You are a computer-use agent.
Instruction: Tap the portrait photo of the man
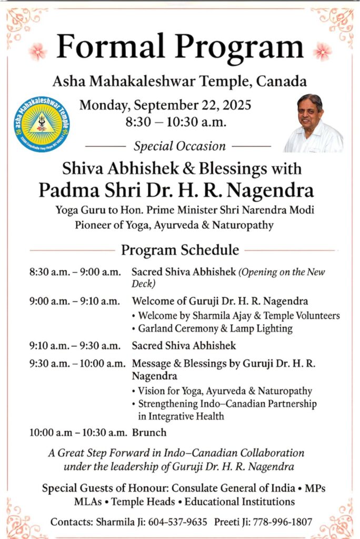click(x=313, y=123)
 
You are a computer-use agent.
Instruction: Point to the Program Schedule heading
click(x=180, y=249)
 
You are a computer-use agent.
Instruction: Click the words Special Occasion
click(x=179, y=146)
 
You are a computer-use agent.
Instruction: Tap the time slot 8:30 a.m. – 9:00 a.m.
click(x=75, y=273)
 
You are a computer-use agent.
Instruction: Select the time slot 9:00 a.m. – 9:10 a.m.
click(x=75, y=302)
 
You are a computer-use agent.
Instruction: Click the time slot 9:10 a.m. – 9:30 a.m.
click(x=75, y=346)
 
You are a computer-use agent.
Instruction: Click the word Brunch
click(x=149, y=433)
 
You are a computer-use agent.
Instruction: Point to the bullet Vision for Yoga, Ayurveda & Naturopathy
click(x=225, y=391)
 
